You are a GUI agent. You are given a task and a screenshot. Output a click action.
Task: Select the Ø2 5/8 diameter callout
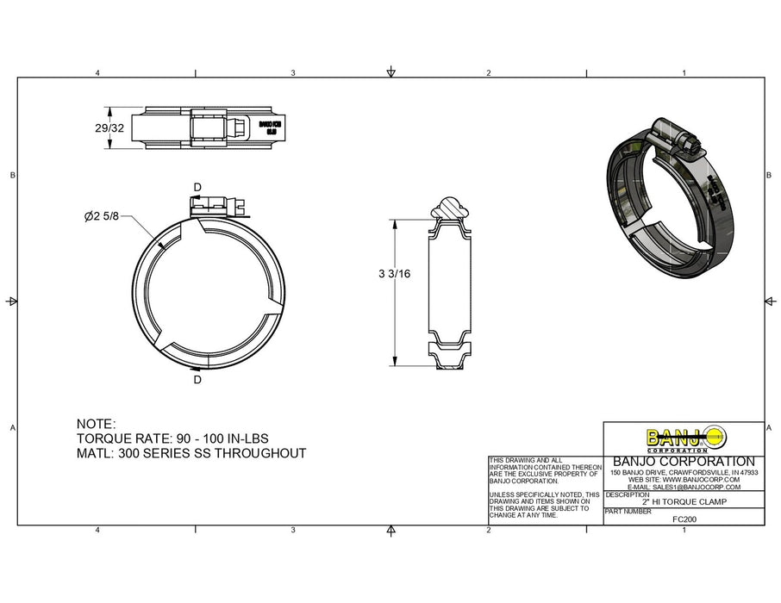(101, 217)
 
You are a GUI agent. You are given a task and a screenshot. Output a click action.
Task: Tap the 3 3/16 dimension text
(393, 274)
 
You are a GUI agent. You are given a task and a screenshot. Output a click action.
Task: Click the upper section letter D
(197, 187)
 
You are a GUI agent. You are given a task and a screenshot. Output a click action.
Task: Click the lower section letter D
(197, 379)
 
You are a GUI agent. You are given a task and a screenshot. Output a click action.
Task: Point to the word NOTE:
(96, 425)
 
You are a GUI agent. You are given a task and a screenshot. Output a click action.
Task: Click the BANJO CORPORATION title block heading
(683, 461)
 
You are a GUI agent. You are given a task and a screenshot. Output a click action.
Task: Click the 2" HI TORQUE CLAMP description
(684, 501)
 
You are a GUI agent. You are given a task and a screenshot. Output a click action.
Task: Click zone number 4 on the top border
(97, 73)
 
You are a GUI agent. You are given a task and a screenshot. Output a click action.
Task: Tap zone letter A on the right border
(769, 428)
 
